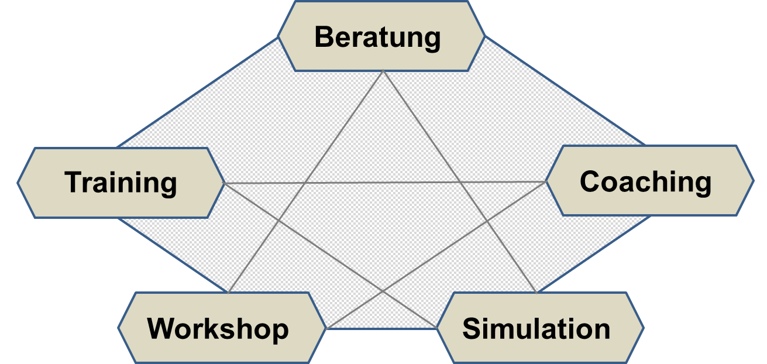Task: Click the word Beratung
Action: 377,37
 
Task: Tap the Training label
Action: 121,182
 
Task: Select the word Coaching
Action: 645,181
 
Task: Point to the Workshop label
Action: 218,328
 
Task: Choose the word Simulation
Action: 536,328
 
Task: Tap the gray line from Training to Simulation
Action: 328,253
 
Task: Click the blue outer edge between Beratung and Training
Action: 199,92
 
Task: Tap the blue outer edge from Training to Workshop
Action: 174,255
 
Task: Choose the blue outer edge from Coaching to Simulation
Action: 594,255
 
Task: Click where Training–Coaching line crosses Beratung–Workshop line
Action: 305,183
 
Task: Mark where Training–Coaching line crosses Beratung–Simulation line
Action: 460,183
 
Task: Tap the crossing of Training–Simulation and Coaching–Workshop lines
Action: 383,290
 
